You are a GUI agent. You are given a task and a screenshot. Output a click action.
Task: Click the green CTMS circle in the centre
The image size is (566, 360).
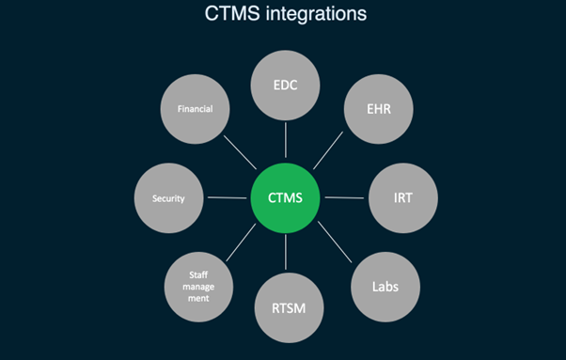286,197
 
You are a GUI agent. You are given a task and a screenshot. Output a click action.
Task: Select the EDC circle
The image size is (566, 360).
286,86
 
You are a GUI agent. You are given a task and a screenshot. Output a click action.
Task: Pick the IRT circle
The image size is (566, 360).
402,198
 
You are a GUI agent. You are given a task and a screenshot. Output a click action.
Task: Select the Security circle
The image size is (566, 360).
169,198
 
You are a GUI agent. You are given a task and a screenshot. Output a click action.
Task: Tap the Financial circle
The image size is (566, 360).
195,110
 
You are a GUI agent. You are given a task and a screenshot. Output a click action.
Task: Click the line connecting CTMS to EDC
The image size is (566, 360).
286,141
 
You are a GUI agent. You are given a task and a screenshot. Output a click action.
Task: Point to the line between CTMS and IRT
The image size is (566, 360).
344,197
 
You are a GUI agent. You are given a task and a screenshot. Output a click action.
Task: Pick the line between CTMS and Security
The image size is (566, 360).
228,197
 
